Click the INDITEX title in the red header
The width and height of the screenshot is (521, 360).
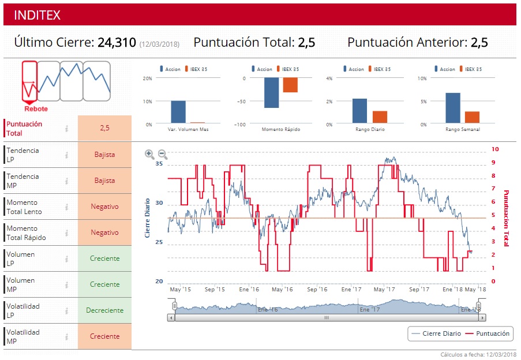[37, 15]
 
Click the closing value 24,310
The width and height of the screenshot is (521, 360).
[117, 43]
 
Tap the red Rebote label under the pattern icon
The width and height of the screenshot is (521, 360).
[36, 109]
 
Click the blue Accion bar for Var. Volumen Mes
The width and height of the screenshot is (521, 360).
[178, 112]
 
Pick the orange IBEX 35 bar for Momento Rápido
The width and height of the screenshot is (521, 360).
[290, 85]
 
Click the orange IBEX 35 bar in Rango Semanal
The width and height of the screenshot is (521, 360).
[472, 117]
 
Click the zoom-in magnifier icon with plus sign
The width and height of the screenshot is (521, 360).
[149, 154]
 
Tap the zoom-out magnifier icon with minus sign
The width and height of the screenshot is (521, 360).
[163, 154]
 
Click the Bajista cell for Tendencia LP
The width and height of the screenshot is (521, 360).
[104, 155]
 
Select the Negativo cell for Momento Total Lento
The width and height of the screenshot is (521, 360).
[104, 207]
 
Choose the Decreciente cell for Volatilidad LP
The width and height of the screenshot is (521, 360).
[104, 310]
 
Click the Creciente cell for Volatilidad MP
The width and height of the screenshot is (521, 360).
[104, 336]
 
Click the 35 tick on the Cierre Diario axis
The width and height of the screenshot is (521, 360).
[159, 164]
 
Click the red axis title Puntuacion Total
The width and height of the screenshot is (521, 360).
[506, 218]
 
